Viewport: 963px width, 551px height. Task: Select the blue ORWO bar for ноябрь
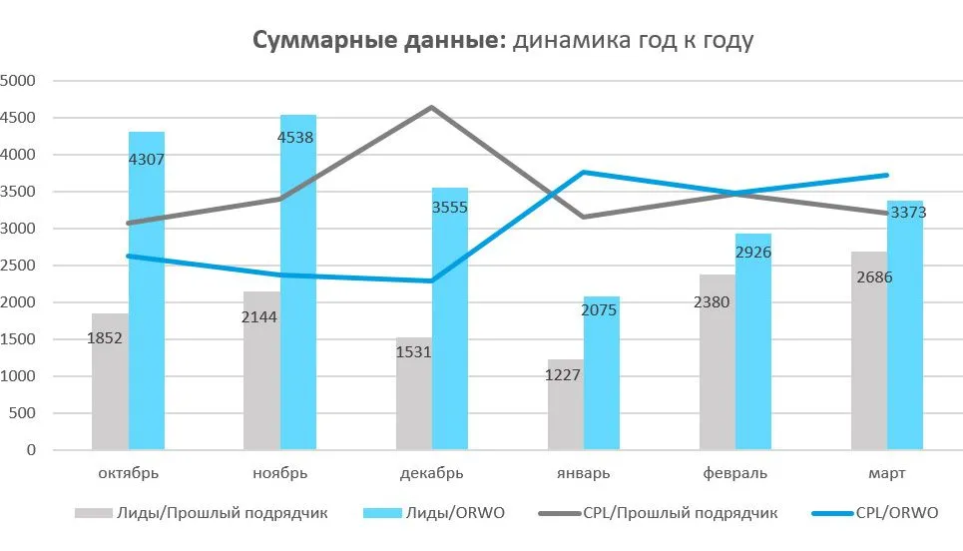[298, 299]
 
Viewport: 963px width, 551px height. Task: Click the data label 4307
[147, 159]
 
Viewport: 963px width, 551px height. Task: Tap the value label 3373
[908, 213]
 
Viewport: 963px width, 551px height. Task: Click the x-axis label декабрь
[432, 472]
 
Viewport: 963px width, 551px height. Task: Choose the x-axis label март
[887, 472]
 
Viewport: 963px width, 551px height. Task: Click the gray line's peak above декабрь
[432, 107]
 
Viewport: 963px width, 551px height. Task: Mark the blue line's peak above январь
[584, 172]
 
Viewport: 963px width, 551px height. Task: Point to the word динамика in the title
[564, 41]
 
